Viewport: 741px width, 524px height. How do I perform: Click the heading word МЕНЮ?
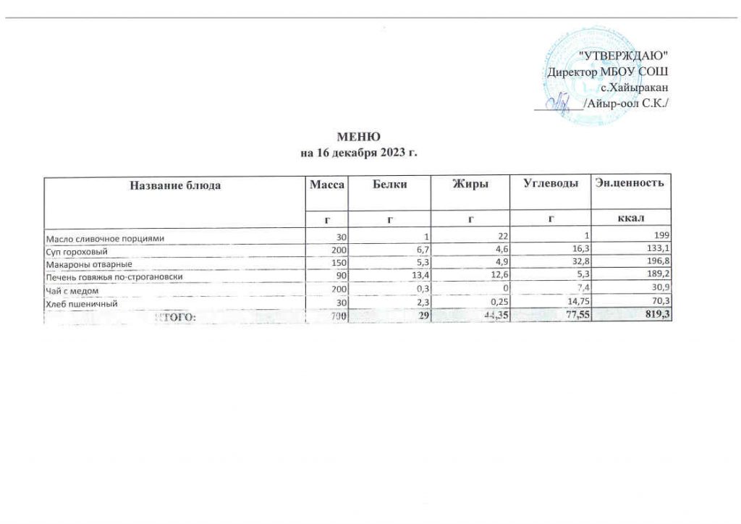tap(360, 138)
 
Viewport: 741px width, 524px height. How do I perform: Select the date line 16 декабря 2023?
tap(360, 153)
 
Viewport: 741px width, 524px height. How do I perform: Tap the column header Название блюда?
tap(175, 185)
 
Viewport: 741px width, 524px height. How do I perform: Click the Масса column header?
tap(326, 185)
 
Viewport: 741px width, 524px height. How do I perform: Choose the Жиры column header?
tap(471, 185)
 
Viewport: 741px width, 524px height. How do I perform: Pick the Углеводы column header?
tap(551, 185)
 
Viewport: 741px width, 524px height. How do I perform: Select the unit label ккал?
tap(632, 218)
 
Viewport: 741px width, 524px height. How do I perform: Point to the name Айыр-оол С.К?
tap(626, 104)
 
